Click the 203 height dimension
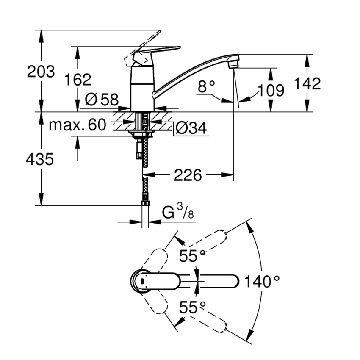[x=41, y=72]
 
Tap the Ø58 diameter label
[x=101, y=100]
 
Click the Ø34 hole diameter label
[x=191, y=127]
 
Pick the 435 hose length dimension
[x=40, y=159]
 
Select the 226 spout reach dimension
[x=188, y=174]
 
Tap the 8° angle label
[x=207, y=87]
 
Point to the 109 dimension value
[x=271, y=90]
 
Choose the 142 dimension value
[x=307, y=83]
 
